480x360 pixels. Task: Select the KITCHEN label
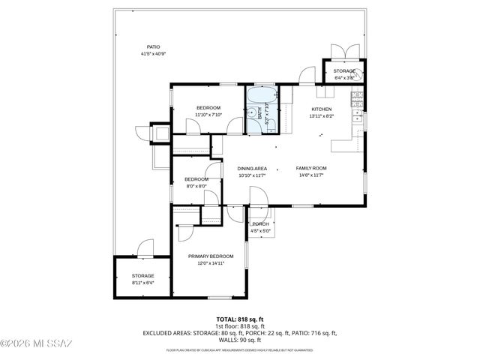click(322, 109)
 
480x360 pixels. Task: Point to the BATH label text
click(260, 116)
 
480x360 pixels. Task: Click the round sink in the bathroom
click(250, 124)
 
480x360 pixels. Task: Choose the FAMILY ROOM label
click(310, 168)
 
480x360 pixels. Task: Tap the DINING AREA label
click(252, 168)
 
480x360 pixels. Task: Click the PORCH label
click(260, 224)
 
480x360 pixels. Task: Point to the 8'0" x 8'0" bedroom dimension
click(196, 186)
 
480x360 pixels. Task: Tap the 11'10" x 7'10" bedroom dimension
click(208, 115)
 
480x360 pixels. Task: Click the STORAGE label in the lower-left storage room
click(142, 276)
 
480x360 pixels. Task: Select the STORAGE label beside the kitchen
click(344, 70)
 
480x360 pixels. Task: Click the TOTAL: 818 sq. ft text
click(240, 319)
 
